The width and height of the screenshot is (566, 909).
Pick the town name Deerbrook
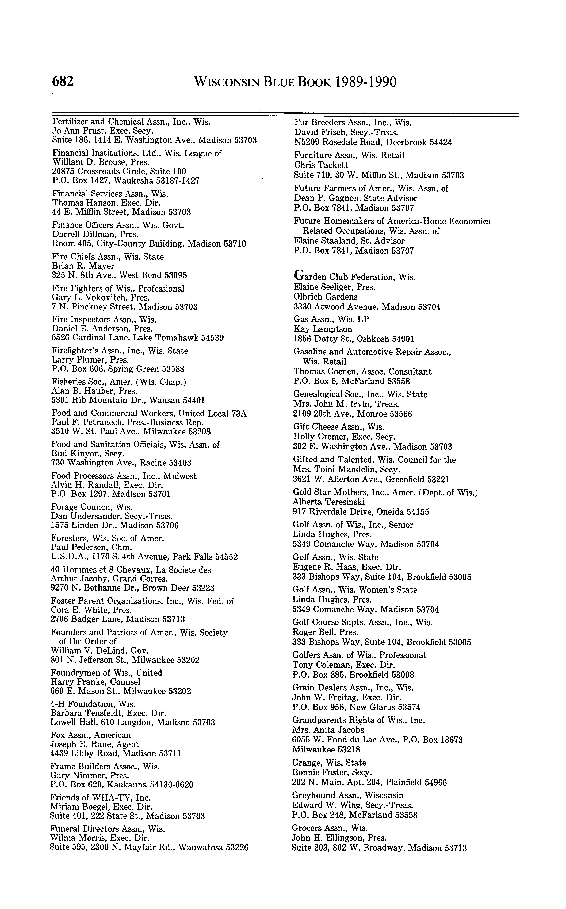[x=404, y=142]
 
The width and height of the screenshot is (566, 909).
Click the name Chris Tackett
[x=321, y=165]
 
